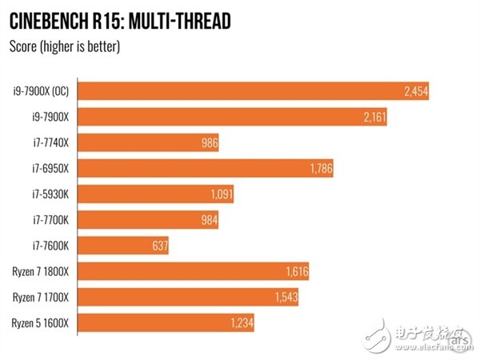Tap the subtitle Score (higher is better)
64,46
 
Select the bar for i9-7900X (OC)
240,92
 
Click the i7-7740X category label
50,143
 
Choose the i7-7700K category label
50,219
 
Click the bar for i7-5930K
144,194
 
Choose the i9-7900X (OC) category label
40,92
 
